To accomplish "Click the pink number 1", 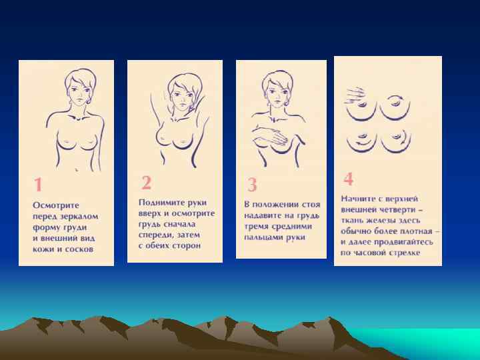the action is pos(38,184).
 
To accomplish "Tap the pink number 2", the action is pos(146,183).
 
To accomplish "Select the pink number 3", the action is pos(252,185).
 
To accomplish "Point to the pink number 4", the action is pos(349,179).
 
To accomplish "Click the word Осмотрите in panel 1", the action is pos(56,205).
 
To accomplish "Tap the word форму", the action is pos(46,228).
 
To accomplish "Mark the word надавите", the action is pos(263,215).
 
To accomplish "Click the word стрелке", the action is pos(405,253).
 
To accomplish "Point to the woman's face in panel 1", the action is pos(79,92).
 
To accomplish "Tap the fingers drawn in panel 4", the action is pos(356,95).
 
